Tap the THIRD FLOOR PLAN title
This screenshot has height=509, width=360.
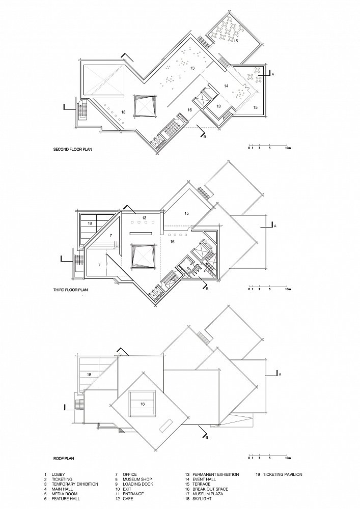tap(70, 290)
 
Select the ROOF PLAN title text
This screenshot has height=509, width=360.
tap(64, 459)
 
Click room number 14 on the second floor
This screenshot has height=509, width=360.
tap(226, 86)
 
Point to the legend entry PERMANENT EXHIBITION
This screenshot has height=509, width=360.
tap(215, 474)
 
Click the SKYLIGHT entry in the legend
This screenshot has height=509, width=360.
tap(201, 499)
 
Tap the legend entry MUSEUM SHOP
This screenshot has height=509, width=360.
tap(137, 479)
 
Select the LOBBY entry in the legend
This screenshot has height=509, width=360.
tap(58, 474)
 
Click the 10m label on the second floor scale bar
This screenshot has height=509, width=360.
tap(288, 148)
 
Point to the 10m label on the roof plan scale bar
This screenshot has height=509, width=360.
tap(288, 459)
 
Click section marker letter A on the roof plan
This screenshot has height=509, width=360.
tap(280, 374)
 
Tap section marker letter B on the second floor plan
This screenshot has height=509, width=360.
tap(205, 137)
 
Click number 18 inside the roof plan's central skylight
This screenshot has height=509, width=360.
tap(142, 404)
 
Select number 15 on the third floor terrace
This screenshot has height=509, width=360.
tap(187, 213)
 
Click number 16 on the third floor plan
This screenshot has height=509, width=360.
tap(173, 241)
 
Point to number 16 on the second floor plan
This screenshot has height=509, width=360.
tap(189, 110)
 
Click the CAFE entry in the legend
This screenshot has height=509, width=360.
tap(129, 499)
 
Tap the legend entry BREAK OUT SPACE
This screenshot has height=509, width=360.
tap(210, 489)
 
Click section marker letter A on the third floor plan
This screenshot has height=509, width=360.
tap(275, 225)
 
